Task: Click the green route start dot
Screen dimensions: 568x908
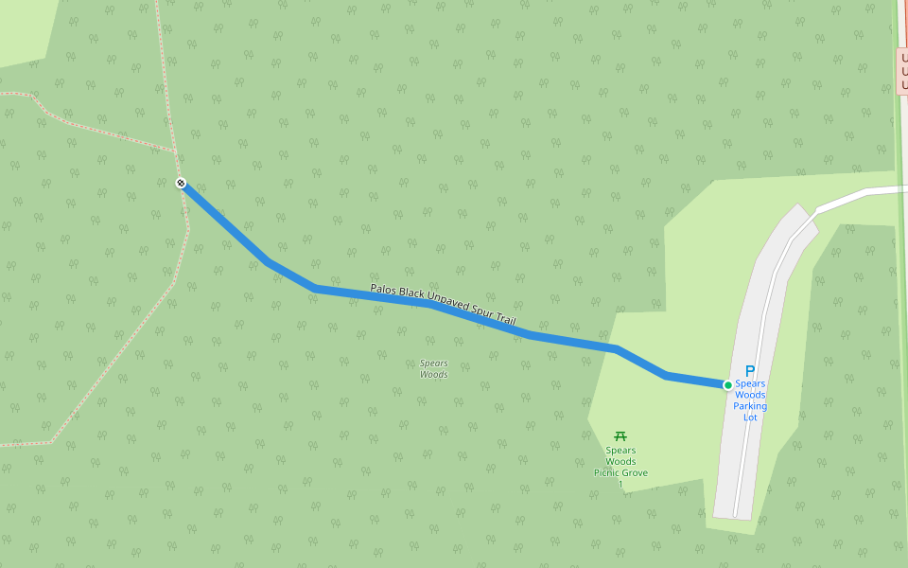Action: (x=727, y=385)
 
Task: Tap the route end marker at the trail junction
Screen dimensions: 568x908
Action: (x=181, y=183)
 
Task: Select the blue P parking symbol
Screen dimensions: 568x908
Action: (x=750, y=371)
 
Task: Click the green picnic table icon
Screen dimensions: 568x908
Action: (x=620, y=435)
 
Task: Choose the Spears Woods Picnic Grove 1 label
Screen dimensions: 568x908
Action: (x=620, y=467)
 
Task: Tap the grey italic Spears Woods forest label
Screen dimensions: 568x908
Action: (x=433, y=368)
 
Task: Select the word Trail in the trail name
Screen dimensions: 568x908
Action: (x=503, y=320)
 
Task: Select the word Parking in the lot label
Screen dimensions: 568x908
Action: (x=750, y=406)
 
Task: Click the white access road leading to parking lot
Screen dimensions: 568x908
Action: (x=851, y=197)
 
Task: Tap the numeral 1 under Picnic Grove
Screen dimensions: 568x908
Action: (x=620, y=484)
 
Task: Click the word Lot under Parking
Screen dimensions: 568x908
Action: (x=750, y=417)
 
